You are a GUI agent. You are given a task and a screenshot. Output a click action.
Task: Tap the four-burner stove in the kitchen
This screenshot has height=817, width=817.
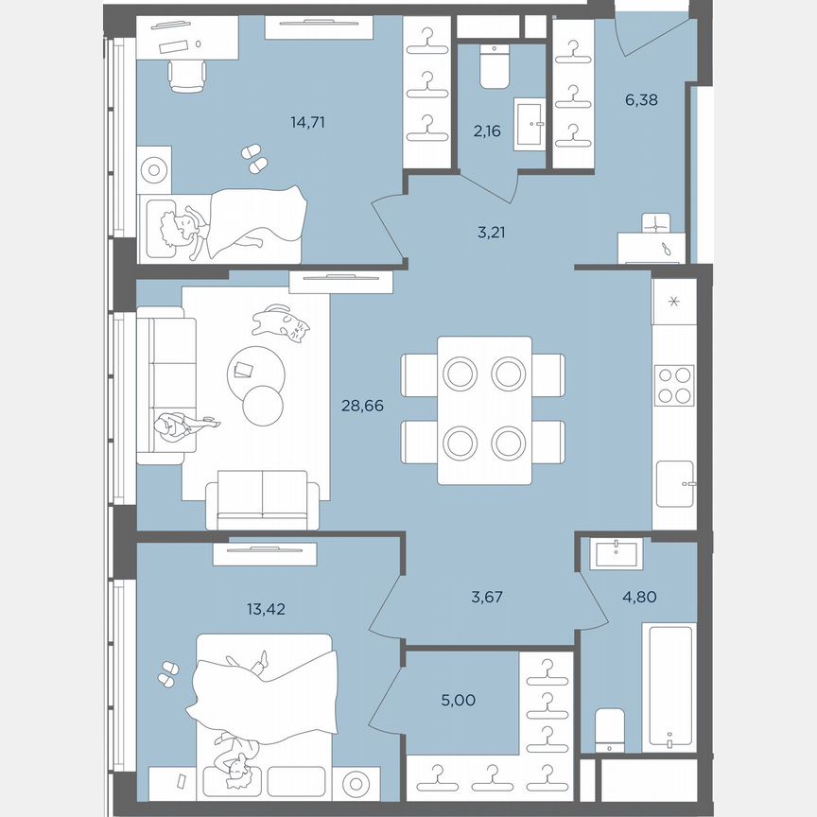tap(674, 385)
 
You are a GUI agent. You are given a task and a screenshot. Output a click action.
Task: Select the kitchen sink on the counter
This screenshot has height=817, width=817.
tap(675, 484)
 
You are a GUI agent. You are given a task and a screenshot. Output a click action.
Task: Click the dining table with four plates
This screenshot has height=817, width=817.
tap(484, 409)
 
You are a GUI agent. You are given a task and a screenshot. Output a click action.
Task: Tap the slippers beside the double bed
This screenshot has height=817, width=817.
tap(169, 672)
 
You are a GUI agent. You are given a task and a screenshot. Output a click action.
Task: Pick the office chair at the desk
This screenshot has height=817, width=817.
tap(188, 73)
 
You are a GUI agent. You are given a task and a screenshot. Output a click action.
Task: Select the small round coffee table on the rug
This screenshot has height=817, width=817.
tap(263, 406)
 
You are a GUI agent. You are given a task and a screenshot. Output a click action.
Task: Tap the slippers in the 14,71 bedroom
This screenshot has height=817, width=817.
tap(253, 157)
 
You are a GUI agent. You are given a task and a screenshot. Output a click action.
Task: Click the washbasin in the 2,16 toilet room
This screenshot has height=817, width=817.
tap(530, 123)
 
